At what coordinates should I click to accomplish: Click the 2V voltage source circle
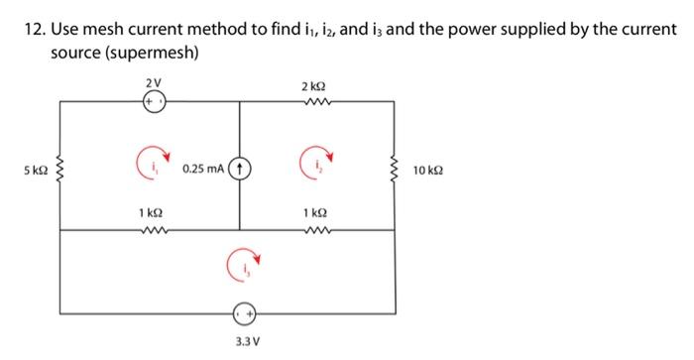pos(152,101)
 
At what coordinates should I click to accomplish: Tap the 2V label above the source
pos(152,81)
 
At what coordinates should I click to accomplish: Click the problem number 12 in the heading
pos(33,30)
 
